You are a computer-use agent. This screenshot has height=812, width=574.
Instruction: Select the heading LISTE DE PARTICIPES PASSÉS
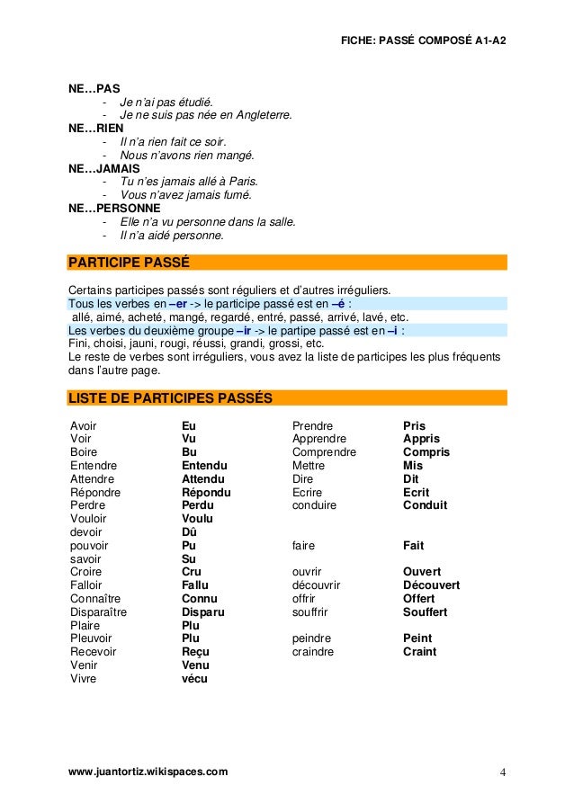click(x=171, y=397)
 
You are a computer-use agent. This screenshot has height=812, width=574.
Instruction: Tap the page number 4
click(x=503, y=772)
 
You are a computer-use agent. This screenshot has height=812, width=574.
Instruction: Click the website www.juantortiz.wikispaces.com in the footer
click(x=148, y=772)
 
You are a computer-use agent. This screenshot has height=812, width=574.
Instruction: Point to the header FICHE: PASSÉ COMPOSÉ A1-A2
click(x=424, y=42)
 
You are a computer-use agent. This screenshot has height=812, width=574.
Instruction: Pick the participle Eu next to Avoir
click(x=188, y=426)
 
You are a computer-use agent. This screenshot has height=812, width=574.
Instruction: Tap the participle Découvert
click(x=431, y=585)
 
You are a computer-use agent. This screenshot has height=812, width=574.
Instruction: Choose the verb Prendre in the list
click(x=312, y=426)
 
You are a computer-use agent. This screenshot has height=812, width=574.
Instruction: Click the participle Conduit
click(x=425, y=505)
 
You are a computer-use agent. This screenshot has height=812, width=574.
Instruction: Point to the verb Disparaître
click(x=98, y=612)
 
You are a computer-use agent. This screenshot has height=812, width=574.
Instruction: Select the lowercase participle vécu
click(x=194, y=679)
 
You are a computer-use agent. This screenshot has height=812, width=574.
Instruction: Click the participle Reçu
click(x=195, y=652)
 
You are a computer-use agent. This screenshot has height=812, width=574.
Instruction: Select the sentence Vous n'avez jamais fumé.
click(x=186, y=194)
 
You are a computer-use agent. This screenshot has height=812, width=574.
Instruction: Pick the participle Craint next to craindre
click(x=419, y=652)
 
